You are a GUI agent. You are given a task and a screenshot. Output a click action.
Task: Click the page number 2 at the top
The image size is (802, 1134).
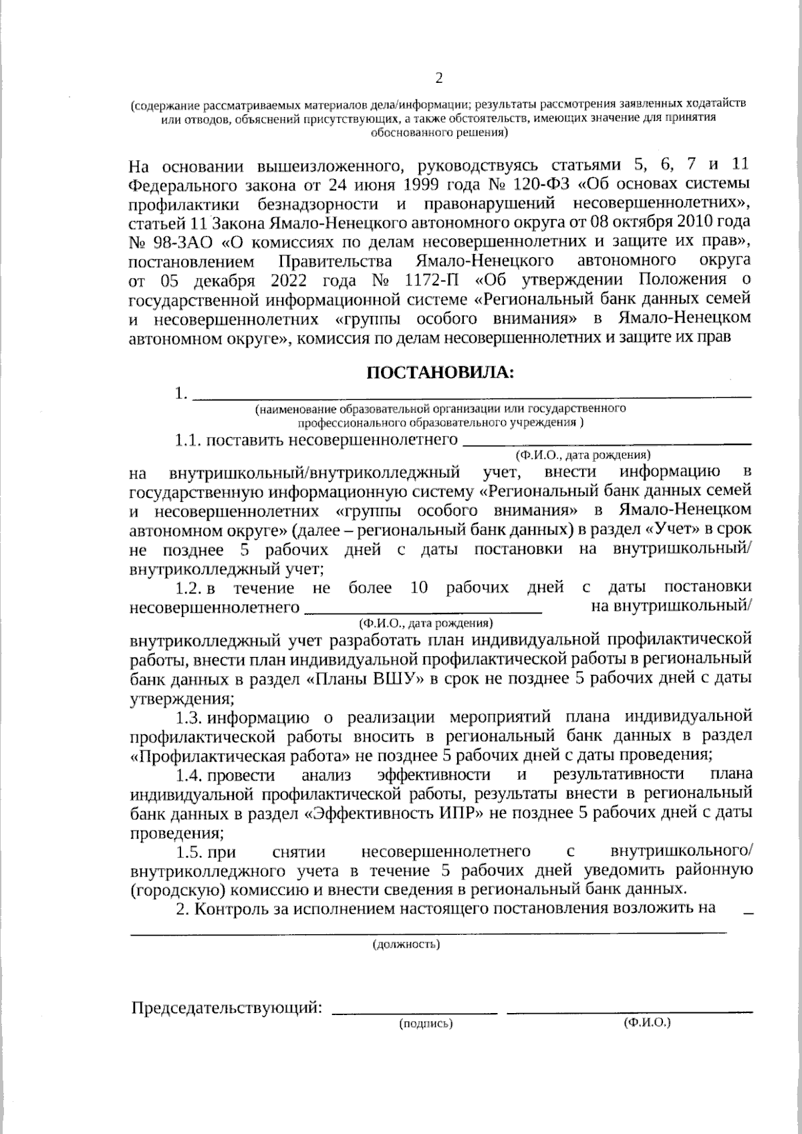coord(439,78)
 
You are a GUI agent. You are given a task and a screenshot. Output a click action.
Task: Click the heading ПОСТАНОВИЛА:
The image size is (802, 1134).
coord(440,372)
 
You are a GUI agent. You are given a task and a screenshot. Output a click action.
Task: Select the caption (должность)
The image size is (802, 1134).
coord(406,944)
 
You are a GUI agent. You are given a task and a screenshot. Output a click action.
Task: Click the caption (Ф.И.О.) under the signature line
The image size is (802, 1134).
coord(646,1023)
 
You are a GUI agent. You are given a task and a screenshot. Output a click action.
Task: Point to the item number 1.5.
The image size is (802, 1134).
coord(189,852)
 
